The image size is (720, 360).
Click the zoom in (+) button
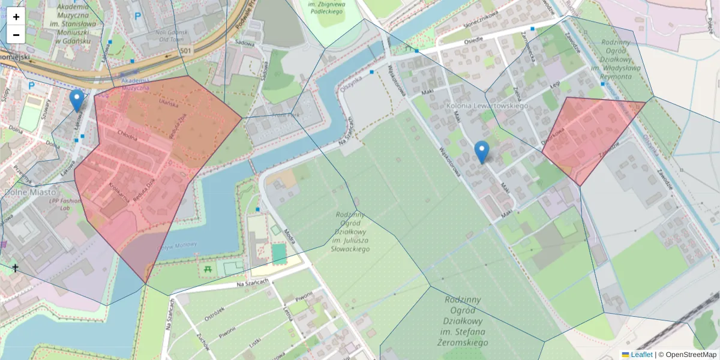16,17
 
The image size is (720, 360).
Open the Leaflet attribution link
641,355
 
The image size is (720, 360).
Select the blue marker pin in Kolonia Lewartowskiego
481,152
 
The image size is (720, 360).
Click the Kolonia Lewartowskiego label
487,106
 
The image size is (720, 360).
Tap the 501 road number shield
186,51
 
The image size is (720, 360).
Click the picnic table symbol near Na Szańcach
208,270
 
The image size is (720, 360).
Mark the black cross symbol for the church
15,268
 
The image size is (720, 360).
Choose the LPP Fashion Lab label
64,204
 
